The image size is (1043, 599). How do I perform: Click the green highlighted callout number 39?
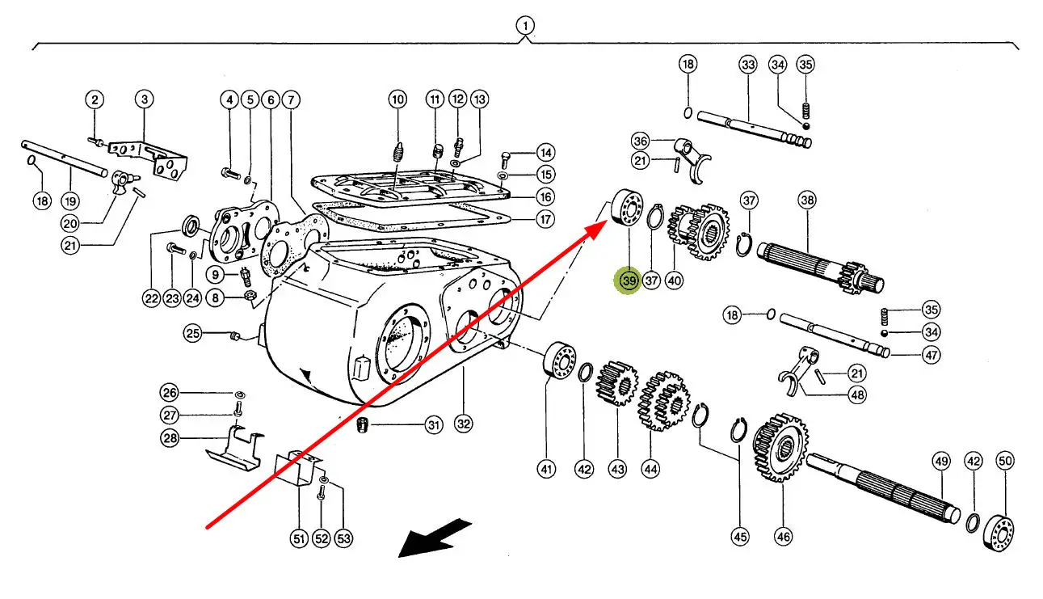pyautogui.click(x=629, y=281)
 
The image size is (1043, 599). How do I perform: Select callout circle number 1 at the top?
pyautogui.click(x=526, y=27)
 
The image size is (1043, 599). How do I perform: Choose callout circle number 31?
pyautogui.click(x=435, y=425)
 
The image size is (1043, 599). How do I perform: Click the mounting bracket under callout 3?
pyautogui.click(x=154, y=159)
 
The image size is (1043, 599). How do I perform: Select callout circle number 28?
pyautogui.click(x=168, y=439)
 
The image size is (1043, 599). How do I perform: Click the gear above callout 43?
pyautogui.click(x=617, y=384)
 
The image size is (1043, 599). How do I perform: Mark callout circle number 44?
pyautogui.click(x=651, y=468)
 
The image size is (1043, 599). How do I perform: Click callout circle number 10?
pyautogui.click(x=397, y=99)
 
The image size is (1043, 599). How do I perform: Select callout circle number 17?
pyautogui.click(x=546, y=218)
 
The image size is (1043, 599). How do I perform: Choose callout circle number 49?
pyautogui.click(x=941, y=462)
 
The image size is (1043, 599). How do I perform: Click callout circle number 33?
pyautogui.click(x=747, y=64)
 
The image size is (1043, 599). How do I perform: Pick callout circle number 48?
pyautogui.click(x=857, y=395)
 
